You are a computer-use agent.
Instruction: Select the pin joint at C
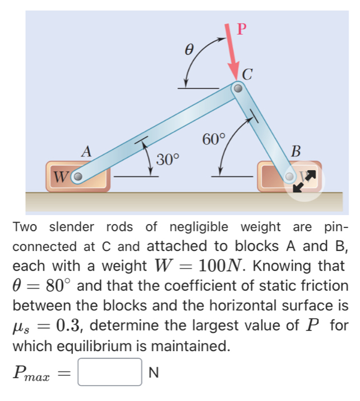pos(238,88)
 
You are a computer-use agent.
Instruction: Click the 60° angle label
pos(214,139)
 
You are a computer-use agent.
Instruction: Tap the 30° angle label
pos(167,159)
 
